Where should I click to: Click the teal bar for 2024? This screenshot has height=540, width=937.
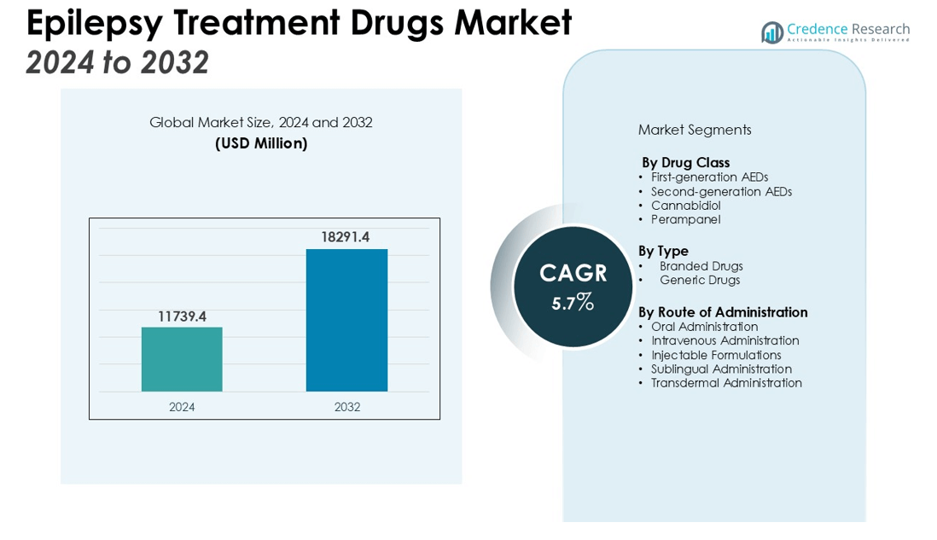(182, 359)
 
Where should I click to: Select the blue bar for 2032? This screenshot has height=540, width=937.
(346, 320)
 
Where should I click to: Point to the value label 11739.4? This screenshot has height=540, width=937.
(182, 316)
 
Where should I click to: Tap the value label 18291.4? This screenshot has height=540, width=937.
(345, 237)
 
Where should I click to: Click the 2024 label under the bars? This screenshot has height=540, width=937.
(182, 407)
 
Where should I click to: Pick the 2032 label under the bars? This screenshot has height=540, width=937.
(346, 407)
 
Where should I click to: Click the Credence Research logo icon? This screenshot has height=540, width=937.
(772, 32)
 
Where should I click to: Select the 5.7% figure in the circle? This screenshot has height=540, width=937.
(573, 302)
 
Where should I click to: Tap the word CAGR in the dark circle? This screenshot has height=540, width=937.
(573, 273)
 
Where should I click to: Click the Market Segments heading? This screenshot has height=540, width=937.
(695, 130)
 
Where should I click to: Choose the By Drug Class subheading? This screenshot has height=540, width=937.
(685, 162)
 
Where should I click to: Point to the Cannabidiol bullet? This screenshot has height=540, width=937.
(685, 206)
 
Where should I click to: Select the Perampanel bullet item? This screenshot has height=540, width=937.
(685, 219)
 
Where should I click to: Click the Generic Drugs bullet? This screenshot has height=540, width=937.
(700, 280)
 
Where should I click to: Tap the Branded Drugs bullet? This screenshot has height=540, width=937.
(701, 266)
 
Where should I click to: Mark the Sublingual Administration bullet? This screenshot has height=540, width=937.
(721, 369)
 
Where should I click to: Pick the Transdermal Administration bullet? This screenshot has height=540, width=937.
(726, 383)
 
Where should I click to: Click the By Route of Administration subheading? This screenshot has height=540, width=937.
(723, 312)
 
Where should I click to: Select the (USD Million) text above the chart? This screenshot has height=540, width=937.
(261, 143)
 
